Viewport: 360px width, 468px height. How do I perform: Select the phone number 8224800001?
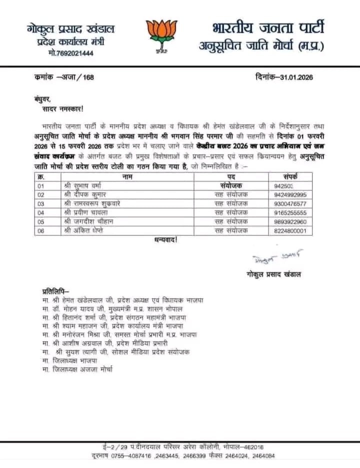pyautogui.click(x=290, y=231)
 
